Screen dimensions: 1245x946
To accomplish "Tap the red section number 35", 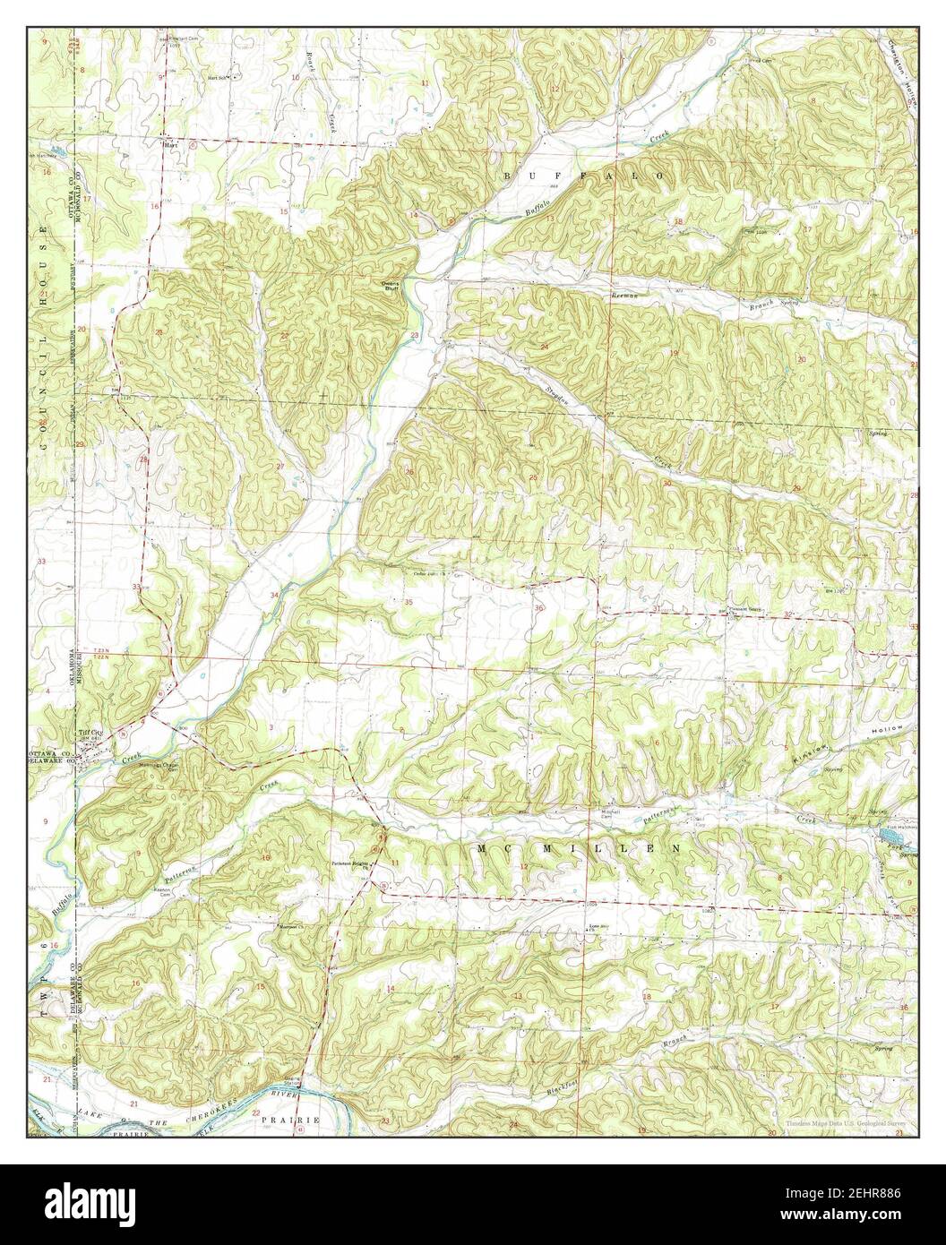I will pos(408,603).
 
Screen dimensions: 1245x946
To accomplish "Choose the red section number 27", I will pos(279,467).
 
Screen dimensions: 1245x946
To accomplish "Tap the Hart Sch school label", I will pos(215,78).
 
